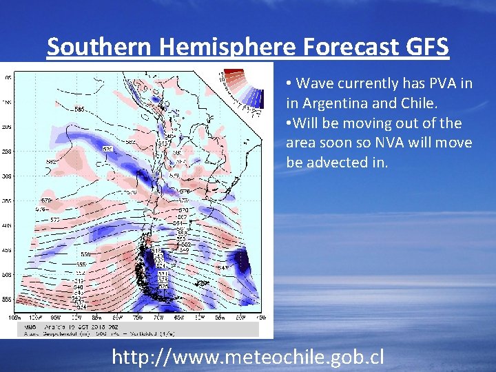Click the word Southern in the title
coord(96,47)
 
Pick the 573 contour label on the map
coord(55,220)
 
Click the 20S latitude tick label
coord(7,127)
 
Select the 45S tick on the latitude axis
coord(7,250)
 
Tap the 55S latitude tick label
coord(7,300)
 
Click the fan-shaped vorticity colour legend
coord(242,90)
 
